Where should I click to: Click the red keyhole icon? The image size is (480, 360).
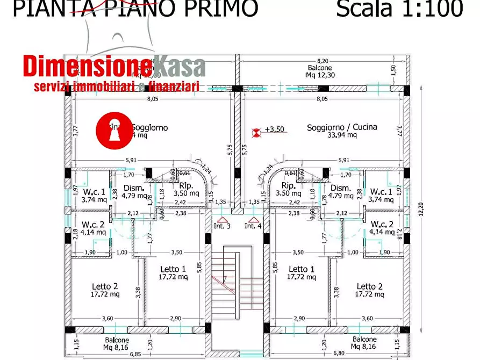(x=114, y=129)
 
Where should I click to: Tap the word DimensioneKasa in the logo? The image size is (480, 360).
(x=114, y=67)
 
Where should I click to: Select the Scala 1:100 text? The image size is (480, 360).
(x=399, y=9)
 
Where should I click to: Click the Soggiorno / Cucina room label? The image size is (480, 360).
(x=342, y=127)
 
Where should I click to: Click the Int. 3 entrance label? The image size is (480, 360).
(x=222, y=226)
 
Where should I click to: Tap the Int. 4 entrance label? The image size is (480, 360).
(x=253, y=226)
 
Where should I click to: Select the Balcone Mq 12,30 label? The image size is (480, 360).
(x=321, y=71)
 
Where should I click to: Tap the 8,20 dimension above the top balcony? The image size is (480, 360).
(x=321, y=61)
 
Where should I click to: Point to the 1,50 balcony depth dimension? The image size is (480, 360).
(x=394, y=70)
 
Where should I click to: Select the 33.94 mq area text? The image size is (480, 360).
(x=342, y=135)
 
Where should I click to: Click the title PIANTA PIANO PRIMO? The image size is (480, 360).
(x=135, y=9)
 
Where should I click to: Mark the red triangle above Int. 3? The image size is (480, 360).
(x=222, y=219)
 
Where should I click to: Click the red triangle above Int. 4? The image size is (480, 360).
(x=253, y=219)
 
